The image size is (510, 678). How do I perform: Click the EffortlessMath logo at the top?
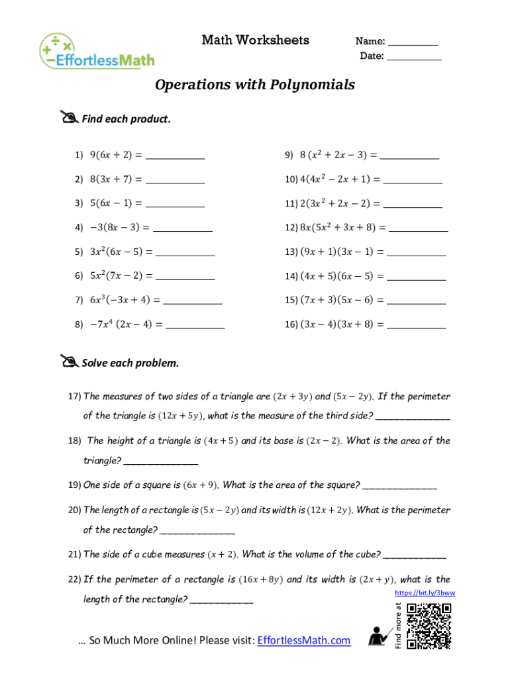[97, 50]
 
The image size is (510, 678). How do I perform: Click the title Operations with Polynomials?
[255, 85]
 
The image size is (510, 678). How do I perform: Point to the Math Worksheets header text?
[255, 40]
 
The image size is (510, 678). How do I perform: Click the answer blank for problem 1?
[175, 158]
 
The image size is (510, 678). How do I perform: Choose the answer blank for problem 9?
[409, 158]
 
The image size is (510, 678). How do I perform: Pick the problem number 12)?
[291, 227]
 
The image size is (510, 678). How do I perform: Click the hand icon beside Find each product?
[68, 118]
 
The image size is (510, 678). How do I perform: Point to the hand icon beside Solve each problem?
[68, 362]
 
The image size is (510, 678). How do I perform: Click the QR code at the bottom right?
[429, 626]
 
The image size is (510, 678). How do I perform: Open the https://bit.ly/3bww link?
[425, 593]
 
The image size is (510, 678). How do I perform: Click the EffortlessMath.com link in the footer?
[303, 640]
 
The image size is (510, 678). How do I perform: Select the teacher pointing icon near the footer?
[380, 636]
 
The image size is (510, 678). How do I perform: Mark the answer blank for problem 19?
[400, 487]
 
